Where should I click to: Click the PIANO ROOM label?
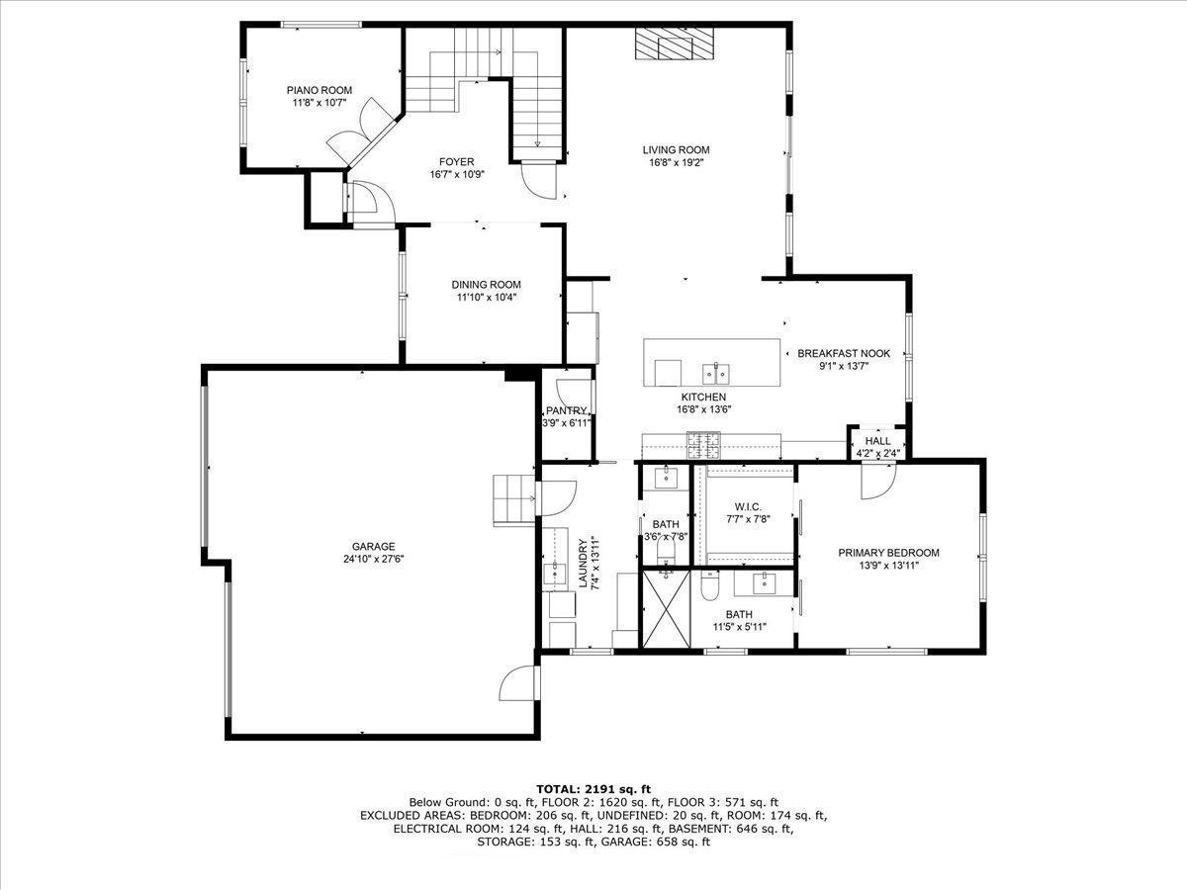click(320, 90)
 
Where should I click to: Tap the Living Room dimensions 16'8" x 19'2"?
click(676, 163)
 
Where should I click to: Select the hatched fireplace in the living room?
click(675, 44)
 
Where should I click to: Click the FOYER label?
click(456, 161)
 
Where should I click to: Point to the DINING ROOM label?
click(486, 285)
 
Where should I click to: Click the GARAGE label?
click(373, 546)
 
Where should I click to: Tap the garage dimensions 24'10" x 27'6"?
click(373, 559)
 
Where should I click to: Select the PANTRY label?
click(567, 410)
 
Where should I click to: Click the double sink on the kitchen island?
click(716, 373)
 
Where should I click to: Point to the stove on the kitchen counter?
click(706, 446)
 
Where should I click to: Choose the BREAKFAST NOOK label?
click(844, 353)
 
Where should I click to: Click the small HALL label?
click(877, 441)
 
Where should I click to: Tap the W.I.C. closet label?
click(747, 506)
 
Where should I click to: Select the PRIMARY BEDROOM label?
click(888, 553)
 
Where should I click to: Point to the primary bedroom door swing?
click(877, 479)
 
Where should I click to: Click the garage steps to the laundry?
click(513, 498)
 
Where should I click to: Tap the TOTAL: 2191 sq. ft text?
click(593, 788)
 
